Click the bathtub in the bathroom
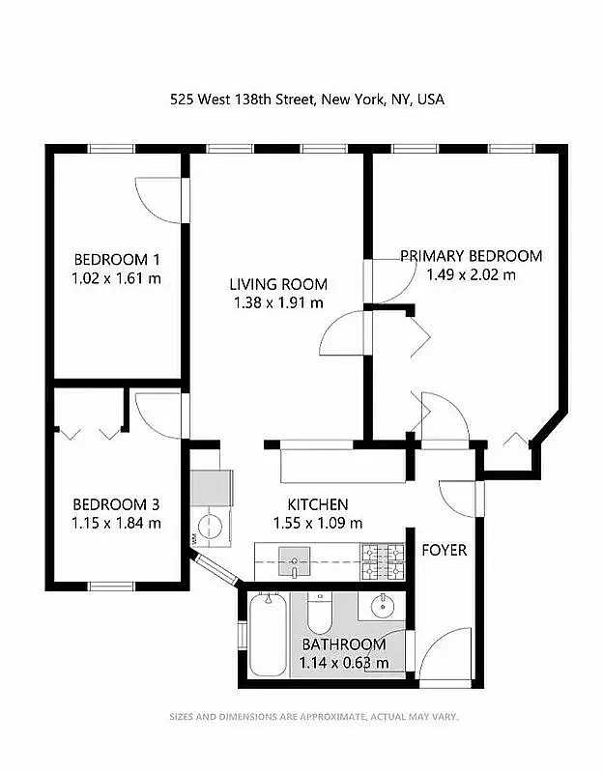[x=267, y=635]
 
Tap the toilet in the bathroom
[x=320, y=613]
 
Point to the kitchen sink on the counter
[x=294, y=559]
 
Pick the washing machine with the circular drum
[x=210, y=528]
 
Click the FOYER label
[x=444, y=551]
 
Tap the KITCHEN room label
[x=318, y=504]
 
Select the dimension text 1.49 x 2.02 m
[x=471, y=274]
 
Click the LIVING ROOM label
[x=278, y=284]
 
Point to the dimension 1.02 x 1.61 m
[x=116, y=278]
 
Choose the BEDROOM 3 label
[x=116, y=504]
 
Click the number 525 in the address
[x=183, y=99]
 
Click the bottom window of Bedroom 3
[x=111, y=586]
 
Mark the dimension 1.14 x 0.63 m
[x=344, y=663]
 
